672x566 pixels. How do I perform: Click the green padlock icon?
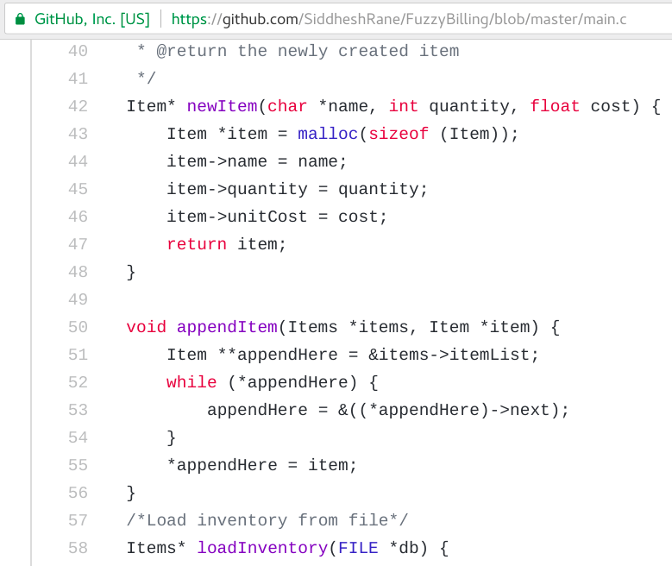coord(20,18)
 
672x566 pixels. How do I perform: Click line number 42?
coord(78,106)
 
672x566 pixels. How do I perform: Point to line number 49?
coord(78,299)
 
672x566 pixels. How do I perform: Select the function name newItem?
coord(222,106)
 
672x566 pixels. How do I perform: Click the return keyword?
coord(197,244)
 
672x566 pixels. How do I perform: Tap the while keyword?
coord(192,382)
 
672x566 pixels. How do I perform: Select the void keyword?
coord(147,327)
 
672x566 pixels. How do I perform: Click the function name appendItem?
coord(227,327)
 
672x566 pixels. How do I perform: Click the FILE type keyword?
coord(358,548)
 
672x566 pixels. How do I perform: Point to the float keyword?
coord(556,106)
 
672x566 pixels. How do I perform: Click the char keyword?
coord(287,106)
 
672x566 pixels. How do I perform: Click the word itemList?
coord(494,355)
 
